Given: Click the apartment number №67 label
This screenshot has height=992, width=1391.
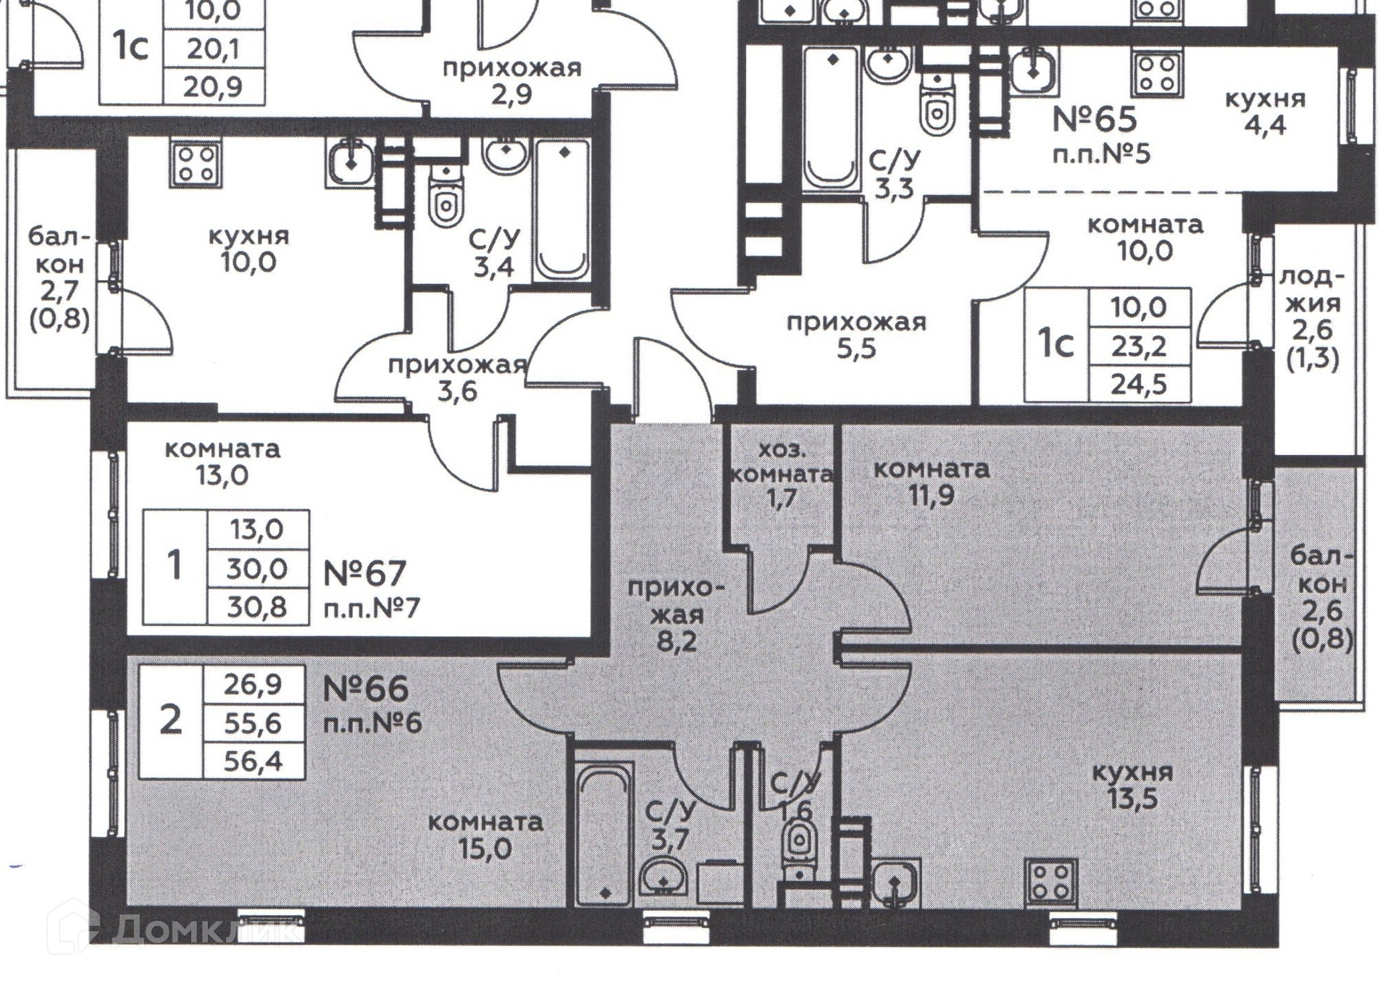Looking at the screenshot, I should [x=364, y=574].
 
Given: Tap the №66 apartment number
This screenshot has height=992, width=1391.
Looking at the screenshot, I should [x=365, y=689].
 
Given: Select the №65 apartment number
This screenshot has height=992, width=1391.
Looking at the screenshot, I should [x=1094, y=120].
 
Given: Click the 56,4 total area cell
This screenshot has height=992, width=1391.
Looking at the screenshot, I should [x=253, y=762].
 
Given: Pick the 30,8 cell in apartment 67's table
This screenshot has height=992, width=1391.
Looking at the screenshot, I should [x=257, y=607].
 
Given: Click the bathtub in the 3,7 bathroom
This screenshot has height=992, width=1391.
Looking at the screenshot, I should [x=603, y=833].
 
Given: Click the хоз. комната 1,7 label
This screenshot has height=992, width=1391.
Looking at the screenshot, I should [x=782, y=474].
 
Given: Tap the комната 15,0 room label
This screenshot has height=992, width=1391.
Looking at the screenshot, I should [x=485, y=835].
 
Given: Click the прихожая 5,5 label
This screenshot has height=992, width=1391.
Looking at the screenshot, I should [x=856, y=335].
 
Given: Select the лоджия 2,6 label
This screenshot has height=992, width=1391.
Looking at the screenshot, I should [x=1312, y=317].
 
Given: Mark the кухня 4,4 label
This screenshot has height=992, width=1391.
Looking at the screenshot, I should [x=1265, y=112].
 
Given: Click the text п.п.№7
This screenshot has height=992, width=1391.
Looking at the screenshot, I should [x=371, y=608].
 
